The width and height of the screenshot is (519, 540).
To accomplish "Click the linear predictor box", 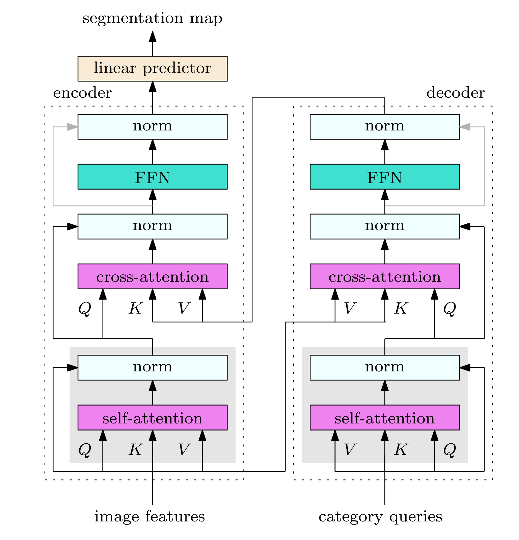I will [153, 69].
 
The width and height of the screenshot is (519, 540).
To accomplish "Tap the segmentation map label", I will [153, 18].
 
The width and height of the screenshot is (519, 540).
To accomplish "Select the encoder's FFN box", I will [153, 177].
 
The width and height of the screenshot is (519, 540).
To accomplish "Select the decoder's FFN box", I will [385, 177].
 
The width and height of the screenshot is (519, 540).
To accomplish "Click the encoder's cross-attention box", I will [153, 276].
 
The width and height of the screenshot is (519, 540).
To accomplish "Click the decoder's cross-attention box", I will [385, 276].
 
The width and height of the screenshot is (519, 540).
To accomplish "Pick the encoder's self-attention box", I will [153, 418].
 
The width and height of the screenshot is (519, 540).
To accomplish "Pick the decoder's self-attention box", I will [385, 418].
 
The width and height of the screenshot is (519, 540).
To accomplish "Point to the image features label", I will [150, 517].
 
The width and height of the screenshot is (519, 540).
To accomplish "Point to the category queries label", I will [380, 517].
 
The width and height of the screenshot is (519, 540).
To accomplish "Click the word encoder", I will [82, 93].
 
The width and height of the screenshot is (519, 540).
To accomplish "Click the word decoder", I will [456, 93].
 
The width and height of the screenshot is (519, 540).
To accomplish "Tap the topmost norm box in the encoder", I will [153, 127].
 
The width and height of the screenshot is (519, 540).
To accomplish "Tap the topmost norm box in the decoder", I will [385, 127].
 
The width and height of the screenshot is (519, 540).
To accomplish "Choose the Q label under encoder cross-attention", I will [84, 309].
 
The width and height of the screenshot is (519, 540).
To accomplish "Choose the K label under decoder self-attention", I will [401, 450].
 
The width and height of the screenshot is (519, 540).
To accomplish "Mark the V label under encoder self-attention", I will [184, 450].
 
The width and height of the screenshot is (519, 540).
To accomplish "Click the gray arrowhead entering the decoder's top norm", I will [465, 127].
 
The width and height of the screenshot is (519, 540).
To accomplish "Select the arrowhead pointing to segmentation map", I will [153, 36].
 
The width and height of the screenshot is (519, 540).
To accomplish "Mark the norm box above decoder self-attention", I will [385, 368].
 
